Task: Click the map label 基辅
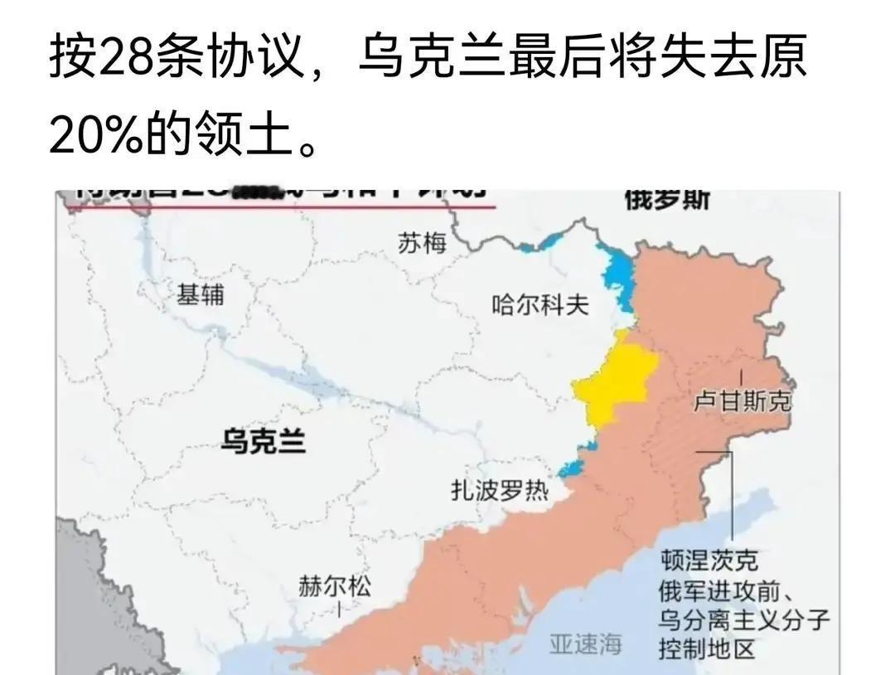click(201, 294)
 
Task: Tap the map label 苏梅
click(422, 243)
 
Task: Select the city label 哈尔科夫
click(540, 305)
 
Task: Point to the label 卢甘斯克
click(742, 402)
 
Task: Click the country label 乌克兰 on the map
click(263, 440)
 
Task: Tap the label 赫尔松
click(335, 587)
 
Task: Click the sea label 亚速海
click(585, 643)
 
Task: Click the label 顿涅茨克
click(709, 561)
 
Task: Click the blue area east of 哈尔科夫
click(617, 278)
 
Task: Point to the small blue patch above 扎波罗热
click(572, 469)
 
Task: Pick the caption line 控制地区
click(707, 648)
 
